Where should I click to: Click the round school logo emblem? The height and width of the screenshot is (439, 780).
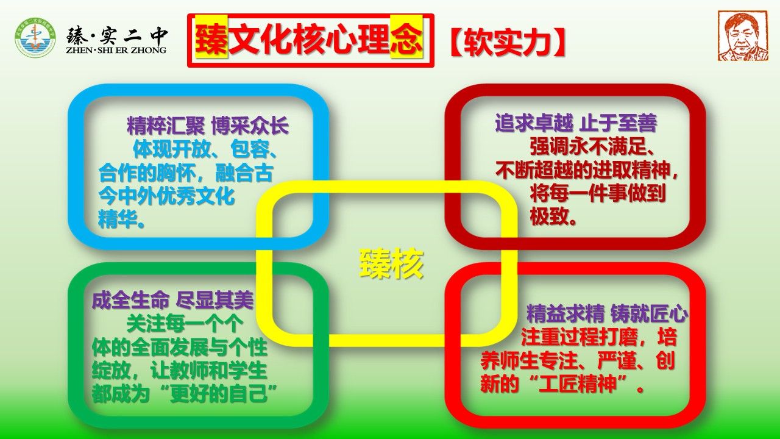[x=35, y=37]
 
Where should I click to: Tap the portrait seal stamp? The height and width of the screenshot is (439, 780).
[x=743, y=36]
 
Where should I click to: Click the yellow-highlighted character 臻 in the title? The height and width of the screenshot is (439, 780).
[x=211, y=40]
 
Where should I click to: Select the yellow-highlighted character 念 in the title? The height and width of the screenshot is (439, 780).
[x=406, y=40]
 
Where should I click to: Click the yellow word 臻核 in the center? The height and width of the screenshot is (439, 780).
[x=391, y=264]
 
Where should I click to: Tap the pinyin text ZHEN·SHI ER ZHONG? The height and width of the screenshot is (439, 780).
[x=116, y=50]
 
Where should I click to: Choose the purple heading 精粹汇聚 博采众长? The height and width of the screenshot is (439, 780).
[x=208, y=126]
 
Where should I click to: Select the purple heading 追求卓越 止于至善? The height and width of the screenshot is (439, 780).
[x=576, y=123]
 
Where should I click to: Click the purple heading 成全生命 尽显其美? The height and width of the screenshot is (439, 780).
[x=172, y=300]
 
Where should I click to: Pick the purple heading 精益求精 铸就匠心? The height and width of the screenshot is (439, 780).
[x=607, y=313]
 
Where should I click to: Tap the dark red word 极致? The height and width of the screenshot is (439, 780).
[x=553, y=216]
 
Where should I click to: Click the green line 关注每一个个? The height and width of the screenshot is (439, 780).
[x=185, y=324]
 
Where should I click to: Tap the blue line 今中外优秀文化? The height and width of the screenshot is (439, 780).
[x=166, y=196]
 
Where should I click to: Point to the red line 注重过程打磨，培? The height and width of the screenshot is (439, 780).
[x=598, y=337]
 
